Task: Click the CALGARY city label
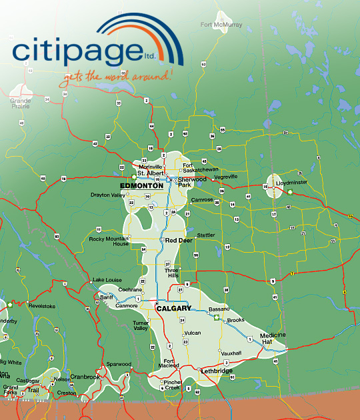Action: point(173,309)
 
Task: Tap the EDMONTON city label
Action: point(141,186)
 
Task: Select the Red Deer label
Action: point(179,240)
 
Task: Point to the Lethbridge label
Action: point(216,371)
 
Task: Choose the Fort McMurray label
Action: point(221,25)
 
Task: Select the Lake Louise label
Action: point(107,279)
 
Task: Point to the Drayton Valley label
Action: point(107,195)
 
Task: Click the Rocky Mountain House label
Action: point(109,241)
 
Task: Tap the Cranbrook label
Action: point(85,377)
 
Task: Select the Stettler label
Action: point(206,235)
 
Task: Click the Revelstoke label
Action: point(22,306)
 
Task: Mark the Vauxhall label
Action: point(231,353)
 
